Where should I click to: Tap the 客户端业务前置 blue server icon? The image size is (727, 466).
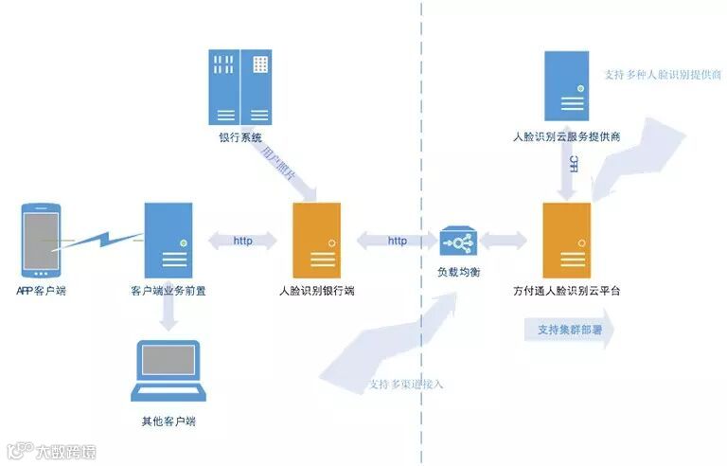point(168,239)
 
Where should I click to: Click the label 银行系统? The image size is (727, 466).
point(240,138)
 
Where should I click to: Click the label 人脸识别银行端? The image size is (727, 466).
point(317,290)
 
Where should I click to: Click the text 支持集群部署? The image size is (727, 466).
point(564,330)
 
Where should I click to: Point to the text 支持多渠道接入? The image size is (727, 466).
point(406,385)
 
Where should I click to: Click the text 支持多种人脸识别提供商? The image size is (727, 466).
point(663,73)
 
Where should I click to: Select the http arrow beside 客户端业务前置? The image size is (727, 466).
point(243,241)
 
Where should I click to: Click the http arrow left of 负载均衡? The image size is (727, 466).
point(398,241)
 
